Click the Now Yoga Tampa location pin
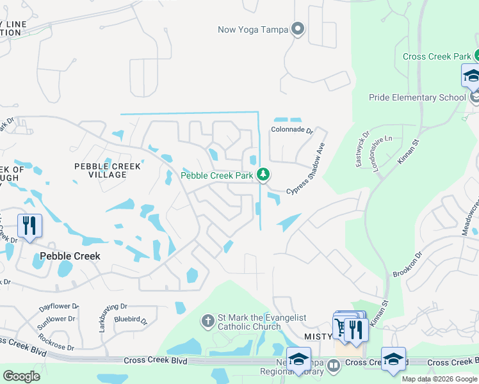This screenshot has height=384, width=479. (x=296, y=29)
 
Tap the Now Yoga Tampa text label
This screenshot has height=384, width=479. (x=253, y=29)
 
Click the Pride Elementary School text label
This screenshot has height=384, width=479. (x=418, y=97)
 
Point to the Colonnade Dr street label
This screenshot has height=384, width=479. (x=291, y=130)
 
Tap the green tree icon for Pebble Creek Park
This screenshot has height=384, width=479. (x=263, y=175)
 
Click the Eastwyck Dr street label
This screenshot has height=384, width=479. (x=362, y=150)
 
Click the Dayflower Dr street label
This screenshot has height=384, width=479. (x=58, y=307)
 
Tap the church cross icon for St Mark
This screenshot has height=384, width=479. (x=207, y=320)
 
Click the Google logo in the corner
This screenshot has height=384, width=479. (x=21, y=376)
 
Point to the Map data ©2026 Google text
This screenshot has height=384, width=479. (x=439, y=379)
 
